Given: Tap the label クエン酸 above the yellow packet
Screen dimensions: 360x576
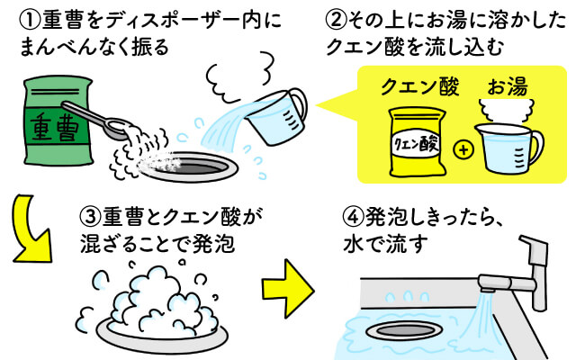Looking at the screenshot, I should tap(415, 87).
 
